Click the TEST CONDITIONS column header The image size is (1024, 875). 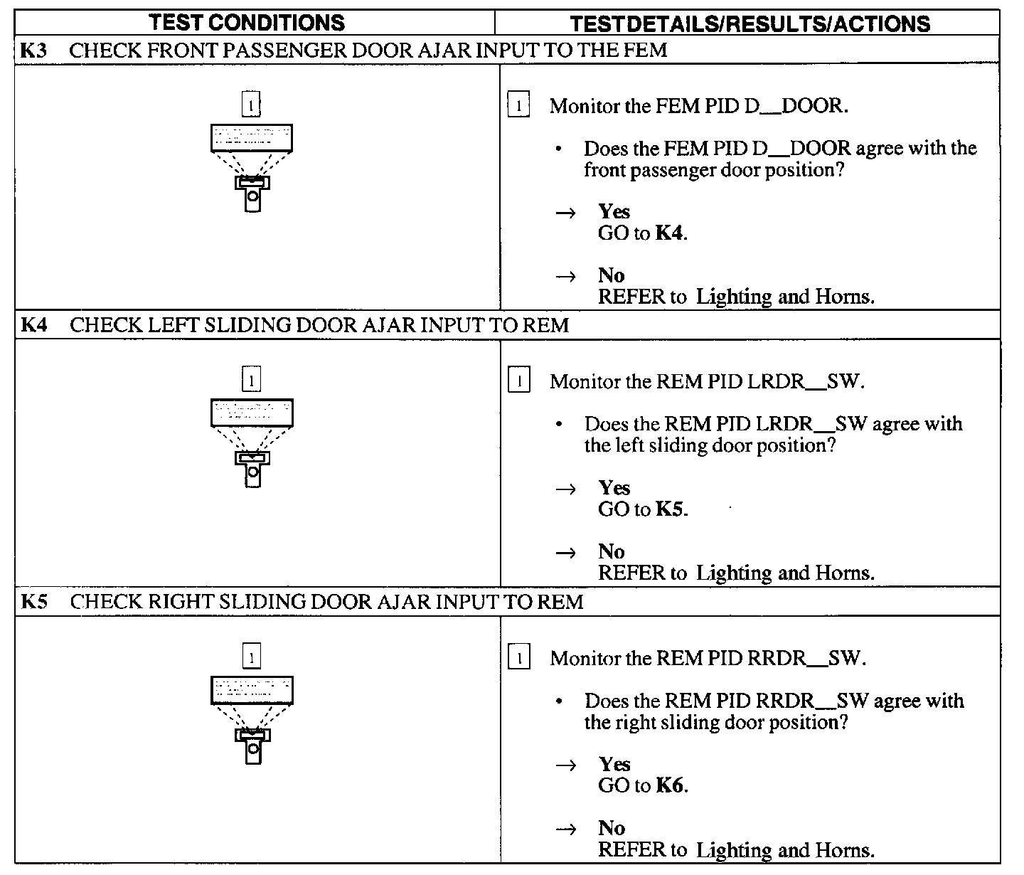[247, 23]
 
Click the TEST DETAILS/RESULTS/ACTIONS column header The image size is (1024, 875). [750, 23]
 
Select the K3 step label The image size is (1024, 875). [33, 50]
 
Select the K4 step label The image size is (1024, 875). [33, 326]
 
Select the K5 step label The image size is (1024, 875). [33, 602]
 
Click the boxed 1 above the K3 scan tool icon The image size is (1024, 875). [251, 105]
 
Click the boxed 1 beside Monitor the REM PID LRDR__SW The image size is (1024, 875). [519, 381]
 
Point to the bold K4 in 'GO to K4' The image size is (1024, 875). [669, 233]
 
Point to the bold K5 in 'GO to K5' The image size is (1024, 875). [670, 509]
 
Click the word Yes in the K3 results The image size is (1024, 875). [614, 211]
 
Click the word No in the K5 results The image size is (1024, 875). [612, 828]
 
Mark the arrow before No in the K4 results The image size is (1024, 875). [565, 552]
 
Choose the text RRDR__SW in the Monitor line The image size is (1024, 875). [806, 658]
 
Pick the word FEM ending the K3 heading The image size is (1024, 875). [645, 50]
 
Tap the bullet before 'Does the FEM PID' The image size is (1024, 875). [561, 149]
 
